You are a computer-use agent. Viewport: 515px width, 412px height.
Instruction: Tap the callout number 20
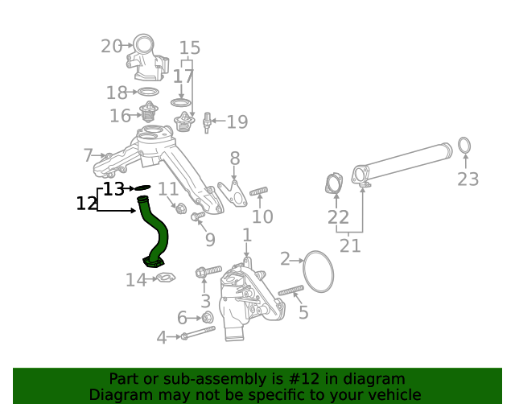coord(111,47)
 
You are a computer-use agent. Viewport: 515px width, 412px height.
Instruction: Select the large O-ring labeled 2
coord(318,271)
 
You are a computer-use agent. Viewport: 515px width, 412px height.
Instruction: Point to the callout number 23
coord(468,179)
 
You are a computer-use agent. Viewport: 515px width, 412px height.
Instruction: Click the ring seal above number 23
coord(465,146)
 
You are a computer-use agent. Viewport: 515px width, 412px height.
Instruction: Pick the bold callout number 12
coord(86,204)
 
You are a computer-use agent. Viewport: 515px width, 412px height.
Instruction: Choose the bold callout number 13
coord(113,189)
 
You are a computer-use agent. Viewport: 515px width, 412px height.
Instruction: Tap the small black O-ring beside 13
coord(142,187)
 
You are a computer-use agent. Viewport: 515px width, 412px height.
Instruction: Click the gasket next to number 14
coord(164,278)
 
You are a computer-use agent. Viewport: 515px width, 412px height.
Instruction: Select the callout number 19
coord(237,122)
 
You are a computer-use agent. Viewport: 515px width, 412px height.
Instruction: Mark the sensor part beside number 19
coord(208,122)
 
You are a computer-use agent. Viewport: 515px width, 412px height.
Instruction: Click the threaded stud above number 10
coord(258,192)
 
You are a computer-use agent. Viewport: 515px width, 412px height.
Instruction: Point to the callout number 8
coord(234,158)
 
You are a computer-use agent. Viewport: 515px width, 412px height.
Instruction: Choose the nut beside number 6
coord(207,317)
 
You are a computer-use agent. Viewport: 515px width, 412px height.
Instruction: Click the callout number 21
coord(350,245)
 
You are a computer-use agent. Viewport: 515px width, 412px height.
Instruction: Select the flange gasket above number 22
coord(333,183)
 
